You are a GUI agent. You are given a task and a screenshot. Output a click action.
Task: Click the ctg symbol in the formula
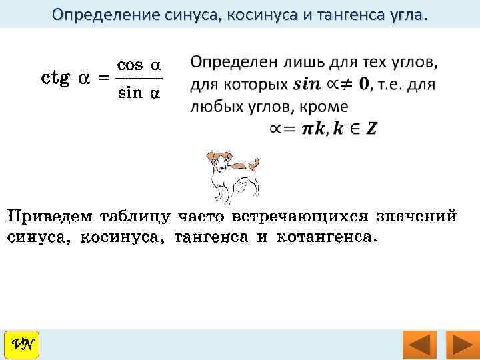pyautogui.click(x=57, y=79)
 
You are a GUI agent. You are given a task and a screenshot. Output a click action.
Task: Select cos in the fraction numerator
pyautogui.click(x=130, y=65)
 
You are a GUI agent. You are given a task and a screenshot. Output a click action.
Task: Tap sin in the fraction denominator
pyautogui.click(x=130, y=93)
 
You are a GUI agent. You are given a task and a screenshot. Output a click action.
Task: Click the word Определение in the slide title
pyautogui.click(x=97, y=14)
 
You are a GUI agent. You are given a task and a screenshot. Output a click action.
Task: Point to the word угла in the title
pyautogui.click(x=400, y=14)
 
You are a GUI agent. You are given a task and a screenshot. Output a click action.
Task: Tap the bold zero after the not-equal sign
pyautogui.click(x=364, y=85)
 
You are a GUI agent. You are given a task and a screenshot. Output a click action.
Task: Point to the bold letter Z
pyautogui.click(x=371, y=128)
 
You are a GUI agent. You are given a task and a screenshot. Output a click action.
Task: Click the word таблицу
pyautogui.click(x=137, y=217)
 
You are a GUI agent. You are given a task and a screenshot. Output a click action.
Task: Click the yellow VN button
pyautogui.click(x=21, y=345)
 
